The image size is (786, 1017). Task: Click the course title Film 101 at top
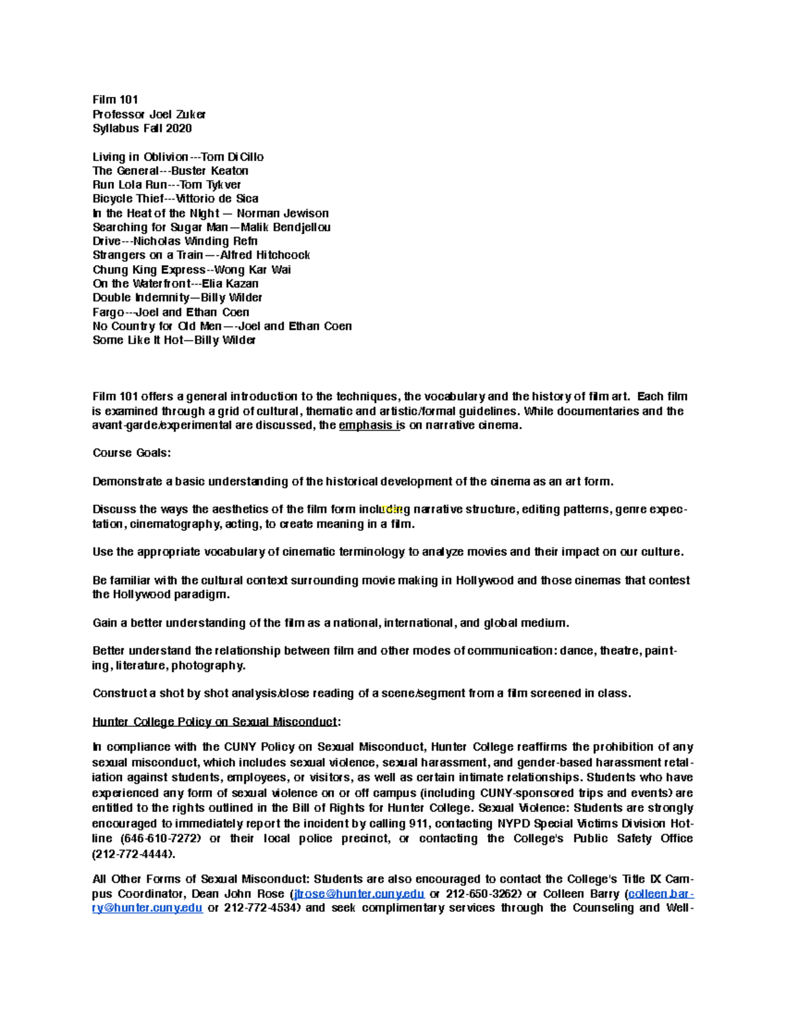[x=115, y=100]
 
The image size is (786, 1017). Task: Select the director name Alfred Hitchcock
[x=265, y=255]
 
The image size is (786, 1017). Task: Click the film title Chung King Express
[x=149, y=270]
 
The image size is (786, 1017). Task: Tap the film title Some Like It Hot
[x=138, y=341]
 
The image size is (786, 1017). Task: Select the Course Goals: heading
[x=131, y=453]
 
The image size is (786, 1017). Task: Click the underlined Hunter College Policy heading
[x=216, y=722]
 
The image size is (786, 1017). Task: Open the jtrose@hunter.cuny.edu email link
[x=359, y=894]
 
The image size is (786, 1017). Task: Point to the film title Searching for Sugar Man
[x=160, y=227]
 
